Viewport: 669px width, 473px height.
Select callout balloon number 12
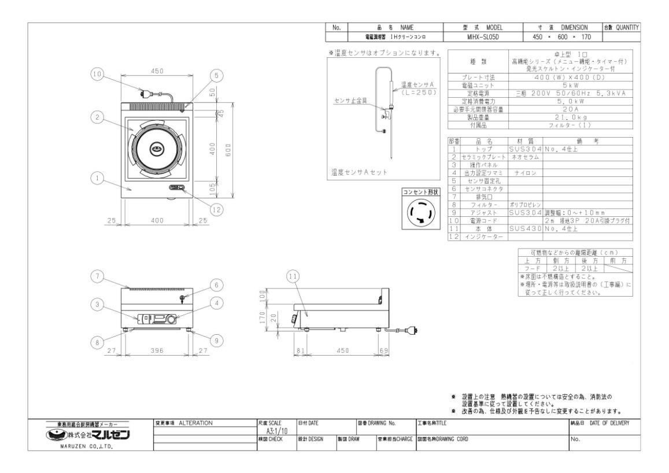[x=216, y=210]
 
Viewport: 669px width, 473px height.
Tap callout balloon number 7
[x=98, y=276]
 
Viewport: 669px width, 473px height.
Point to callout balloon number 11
[x=293, y=277]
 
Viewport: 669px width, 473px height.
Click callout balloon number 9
[x=216, y=341]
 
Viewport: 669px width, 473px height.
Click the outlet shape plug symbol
[x=420, y=216]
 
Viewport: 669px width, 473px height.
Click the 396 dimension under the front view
[x=157, y=350]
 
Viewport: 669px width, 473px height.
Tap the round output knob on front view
[x=171, y=318]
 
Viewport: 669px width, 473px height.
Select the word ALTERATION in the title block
[x=196, y=423]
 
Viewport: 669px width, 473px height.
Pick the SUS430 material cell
[x=526, y=229]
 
